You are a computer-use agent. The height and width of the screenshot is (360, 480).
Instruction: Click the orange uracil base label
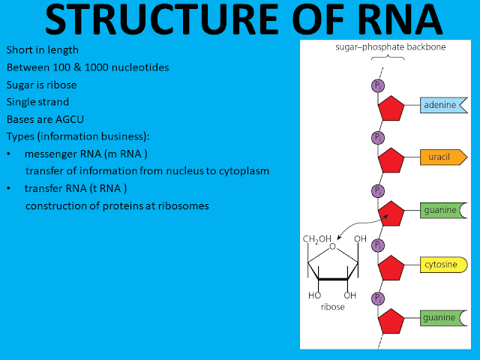[443, 157]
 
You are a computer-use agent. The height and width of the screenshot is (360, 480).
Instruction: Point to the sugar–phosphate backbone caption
[384, 46]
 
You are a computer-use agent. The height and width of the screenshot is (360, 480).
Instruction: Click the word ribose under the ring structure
[331, 306]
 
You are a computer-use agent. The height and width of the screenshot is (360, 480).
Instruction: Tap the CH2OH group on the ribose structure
[316, 239]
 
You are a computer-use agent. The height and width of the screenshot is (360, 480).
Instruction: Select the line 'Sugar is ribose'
[41, 84]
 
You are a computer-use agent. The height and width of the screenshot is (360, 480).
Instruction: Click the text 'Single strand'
[37, 101]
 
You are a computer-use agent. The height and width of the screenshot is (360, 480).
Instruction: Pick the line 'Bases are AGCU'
[46, 118]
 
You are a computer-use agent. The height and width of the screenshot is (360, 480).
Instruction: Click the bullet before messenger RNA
[8, 154]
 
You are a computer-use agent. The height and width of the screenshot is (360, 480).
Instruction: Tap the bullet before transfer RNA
[8, 188]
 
